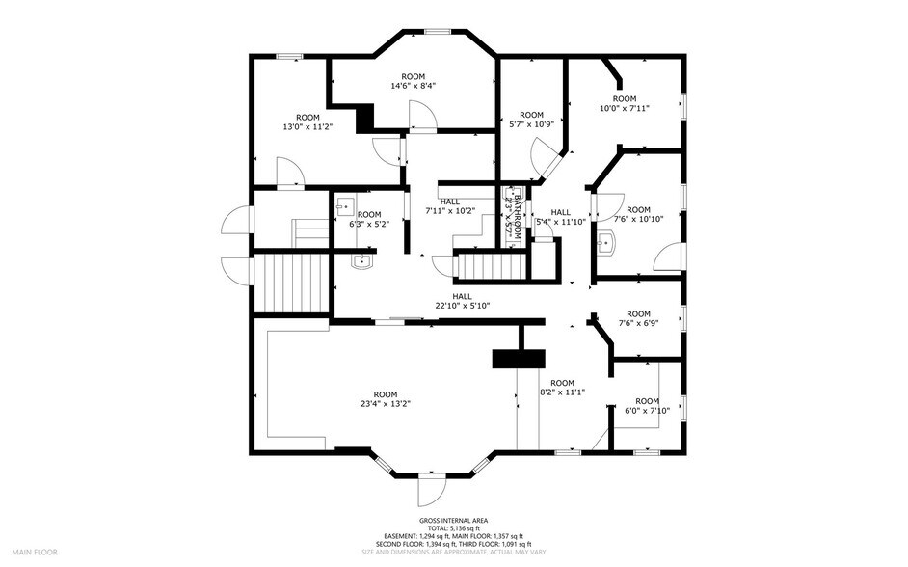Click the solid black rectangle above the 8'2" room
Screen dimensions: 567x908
tap(518, 359)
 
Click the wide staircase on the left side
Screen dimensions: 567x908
tap(292, 282)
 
